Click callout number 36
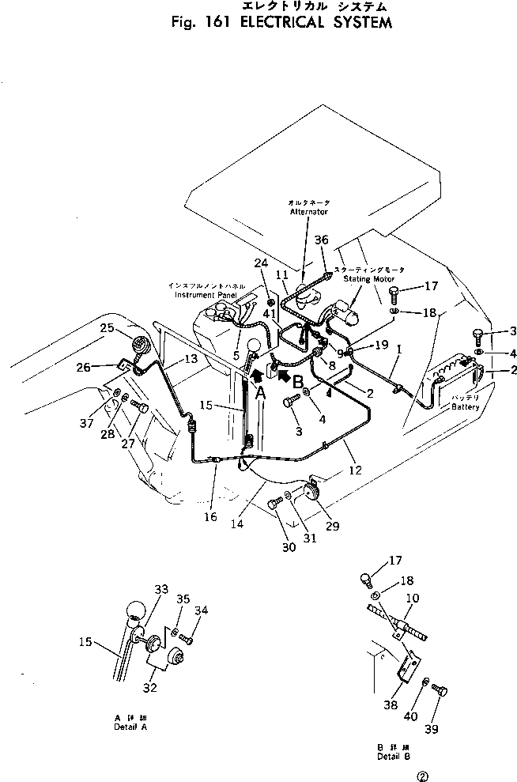(x=320, y=240)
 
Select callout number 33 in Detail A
(x=161, y=588)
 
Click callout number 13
(x=191, y=358)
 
